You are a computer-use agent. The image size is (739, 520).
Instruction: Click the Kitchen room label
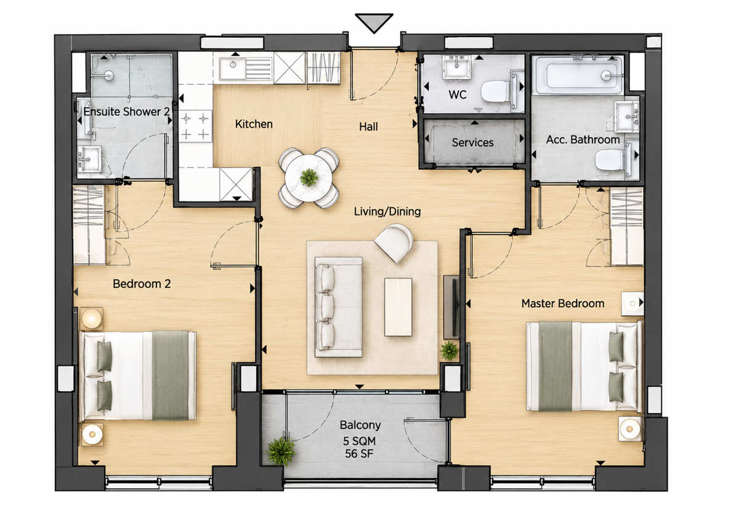(254, 124)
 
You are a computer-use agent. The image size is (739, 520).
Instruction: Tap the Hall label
(368, 126)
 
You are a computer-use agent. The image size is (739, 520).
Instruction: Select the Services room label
(472, 142)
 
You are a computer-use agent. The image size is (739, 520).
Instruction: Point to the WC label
(457, 95)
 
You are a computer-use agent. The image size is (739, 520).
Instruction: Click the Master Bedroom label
(562, 303)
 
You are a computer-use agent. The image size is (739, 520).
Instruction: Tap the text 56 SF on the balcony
(359, 454)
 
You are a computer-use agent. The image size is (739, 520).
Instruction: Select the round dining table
(309, 178)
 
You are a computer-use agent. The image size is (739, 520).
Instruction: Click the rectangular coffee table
(398, 307)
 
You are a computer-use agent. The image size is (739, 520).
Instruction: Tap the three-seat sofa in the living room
(339, 307)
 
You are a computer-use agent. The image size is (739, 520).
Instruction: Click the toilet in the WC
(495, 91)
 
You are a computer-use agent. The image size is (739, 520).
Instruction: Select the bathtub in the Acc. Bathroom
(579, 76)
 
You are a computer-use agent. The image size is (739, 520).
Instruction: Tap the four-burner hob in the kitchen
(195, 126)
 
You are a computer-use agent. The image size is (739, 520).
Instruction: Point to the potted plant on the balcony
(281, 451)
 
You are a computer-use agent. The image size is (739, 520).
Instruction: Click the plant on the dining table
(309, 177)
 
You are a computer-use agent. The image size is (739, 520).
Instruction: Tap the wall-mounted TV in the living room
(454, 307)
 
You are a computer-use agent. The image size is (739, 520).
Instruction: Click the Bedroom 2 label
(142, 283)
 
